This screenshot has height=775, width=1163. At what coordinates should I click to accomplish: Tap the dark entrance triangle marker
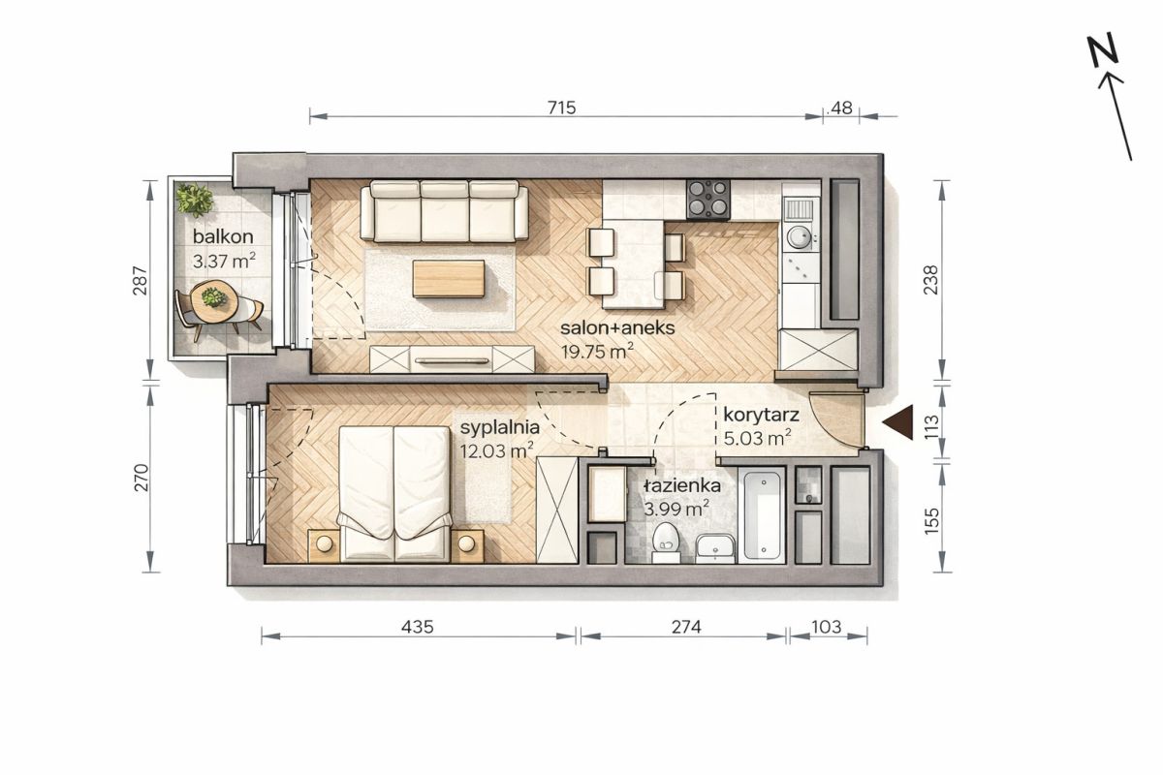[x=898, y=422]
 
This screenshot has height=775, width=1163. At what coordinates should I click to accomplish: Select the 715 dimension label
[x=562, y=108]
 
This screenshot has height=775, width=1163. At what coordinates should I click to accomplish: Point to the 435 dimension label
[x=418, y=627]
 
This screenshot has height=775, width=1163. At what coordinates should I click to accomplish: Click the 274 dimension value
[x=686, y=627]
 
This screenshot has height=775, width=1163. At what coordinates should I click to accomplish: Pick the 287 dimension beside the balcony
[x=141, y=280]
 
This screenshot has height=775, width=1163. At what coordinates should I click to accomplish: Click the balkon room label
[x=223, y=236]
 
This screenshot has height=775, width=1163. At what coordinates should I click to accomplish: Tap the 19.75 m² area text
[x=597, y=352]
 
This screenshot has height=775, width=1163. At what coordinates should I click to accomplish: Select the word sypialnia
[x=500, y=428]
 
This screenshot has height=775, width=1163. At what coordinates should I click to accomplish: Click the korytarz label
[x=761, y=416]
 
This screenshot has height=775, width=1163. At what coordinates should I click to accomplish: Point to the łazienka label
[x=682, y=486]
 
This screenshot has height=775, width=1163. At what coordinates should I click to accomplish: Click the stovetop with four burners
[x=708, y=200]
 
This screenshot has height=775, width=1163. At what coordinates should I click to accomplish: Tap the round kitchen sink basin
[x=799, y=237]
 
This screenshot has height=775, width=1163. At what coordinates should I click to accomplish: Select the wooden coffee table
[x=449, y=279]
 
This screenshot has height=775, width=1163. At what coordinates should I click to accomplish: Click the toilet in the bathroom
[x=666, y=542]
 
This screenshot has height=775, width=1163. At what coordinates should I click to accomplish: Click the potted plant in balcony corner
[x=194, y=200]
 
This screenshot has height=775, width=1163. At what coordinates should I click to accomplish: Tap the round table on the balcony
[x=214, y=301]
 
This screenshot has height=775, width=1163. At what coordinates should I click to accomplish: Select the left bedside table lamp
[x=325, y=543]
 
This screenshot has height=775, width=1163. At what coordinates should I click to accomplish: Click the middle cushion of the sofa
[x=445, y=211]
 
